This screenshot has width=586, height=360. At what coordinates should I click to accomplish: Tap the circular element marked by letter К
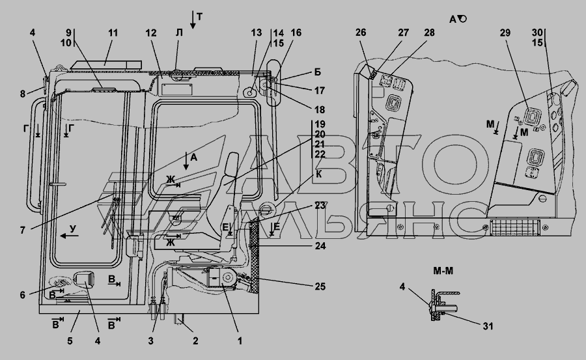coord(265,209)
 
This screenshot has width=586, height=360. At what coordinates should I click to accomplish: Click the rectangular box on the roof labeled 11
coord(105,64)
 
